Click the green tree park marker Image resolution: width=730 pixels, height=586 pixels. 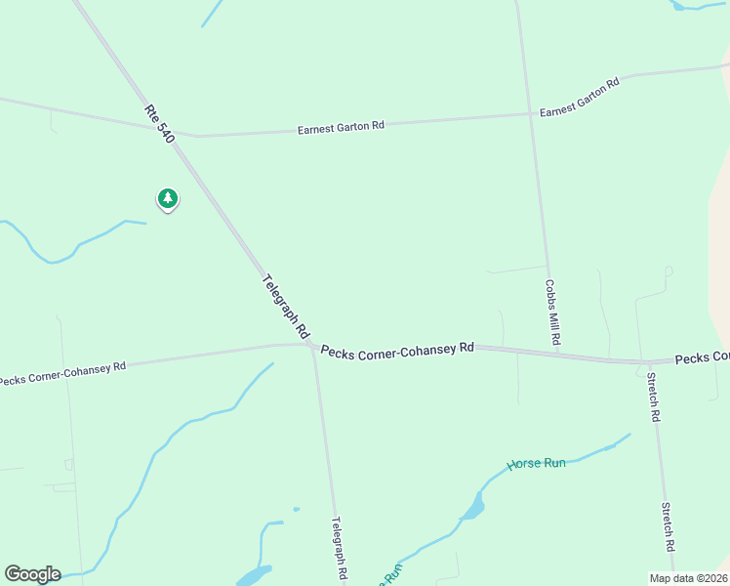click(168, 199)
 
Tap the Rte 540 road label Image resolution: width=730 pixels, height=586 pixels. click(159, 124)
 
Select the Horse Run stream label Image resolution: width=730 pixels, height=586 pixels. click(536, 464)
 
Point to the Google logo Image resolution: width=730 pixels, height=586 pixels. click(32, 574)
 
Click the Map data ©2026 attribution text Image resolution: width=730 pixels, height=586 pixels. click(688, 578)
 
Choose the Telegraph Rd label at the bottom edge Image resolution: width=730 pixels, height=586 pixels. click(339, 550)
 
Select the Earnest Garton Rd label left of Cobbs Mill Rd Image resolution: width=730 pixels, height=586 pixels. click(341, 127)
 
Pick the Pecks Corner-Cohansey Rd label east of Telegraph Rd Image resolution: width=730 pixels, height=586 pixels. click(397, 350)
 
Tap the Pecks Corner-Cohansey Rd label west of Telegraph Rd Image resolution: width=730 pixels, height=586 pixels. click(62, 373)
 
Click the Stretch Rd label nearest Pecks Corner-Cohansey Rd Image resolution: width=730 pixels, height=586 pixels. click(653, 397)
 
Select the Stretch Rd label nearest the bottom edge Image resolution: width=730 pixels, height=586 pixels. click(669, 527)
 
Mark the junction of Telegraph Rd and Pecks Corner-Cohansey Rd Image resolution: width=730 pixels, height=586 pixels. click(311, 346)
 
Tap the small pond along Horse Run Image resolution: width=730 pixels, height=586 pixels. click(473, 507)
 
